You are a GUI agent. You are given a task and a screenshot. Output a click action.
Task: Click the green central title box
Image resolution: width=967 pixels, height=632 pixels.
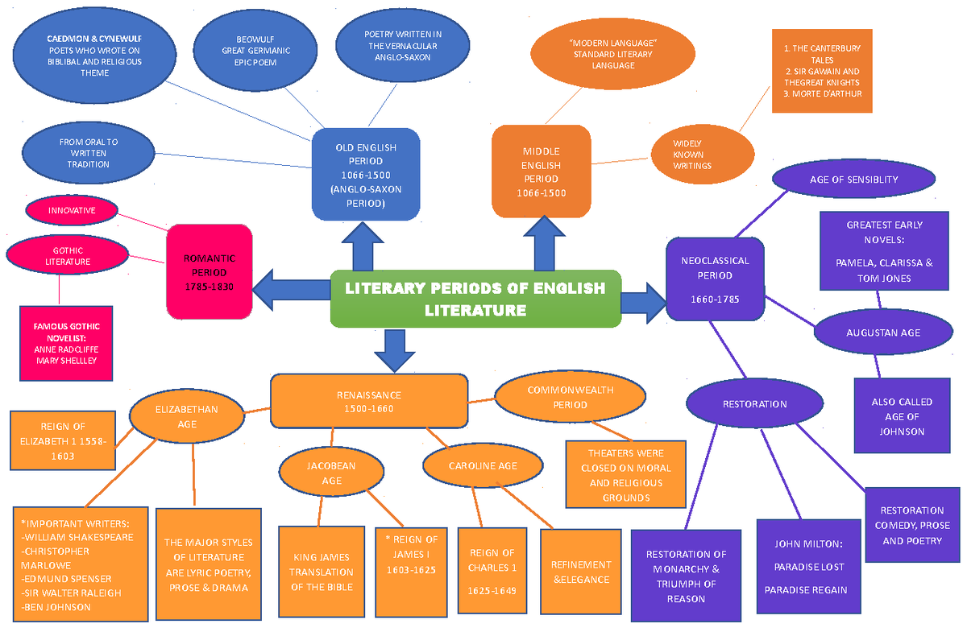[475, 299]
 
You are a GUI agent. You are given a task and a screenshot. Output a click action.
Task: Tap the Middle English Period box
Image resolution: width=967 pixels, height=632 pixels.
[541, 171]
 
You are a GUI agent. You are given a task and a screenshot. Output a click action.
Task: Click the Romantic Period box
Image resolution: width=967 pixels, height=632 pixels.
[210, 271]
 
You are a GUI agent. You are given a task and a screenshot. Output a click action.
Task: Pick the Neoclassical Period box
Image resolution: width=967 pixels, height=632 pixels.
[715, 279]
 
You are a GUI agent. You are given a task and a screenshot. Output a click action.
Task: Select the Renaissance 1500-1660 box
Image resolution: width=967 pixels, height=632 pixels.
[368, 401]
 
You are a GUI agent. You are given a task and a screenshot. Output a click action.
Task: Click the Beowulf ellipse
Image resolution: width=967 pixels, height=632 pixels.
[256, 50]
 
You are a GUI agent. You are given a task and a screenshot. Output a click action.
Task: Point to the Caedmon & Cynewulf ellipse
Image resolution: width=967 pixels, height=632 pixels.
[94, 56]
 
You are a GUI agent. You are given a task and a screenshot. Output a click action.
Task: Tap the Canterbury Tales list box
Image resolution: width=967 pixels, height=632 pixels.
[822, 71]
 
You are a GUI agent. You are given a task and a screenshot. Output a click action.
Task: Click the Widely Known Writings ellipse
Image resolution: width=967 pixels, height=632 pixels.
[702, 155]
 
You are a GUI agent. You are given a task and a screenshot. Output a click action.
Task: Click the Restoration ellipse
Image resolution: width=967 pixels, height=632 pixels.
[754, 403]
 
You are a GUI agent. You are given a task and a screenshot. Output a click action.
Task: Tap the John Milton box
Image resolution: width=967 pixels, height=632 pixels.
[809, 567]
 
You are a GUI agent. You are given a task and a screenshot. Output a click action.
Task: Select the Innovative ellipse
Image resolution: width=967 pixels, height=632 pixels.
[72, 210]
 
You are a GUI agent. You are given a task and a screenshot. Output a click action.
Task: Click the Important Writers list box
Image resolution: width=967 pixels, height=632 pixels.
[81, 564]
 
